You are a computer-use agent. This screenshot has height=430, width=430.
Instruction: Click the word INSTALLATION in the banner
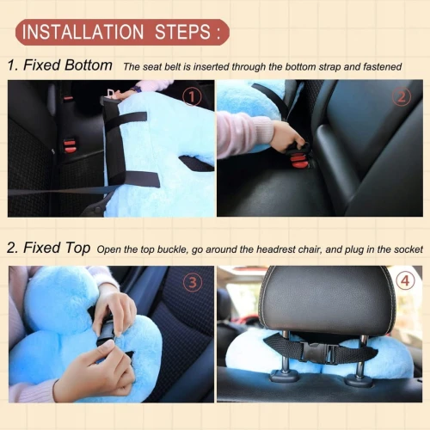tap(83, 32)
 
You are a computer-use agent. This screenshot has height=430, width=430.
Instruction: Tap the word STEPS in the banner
tap(183, 32)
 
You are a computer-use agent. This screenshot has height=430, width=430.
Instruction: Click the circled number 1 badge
tap(192, 96)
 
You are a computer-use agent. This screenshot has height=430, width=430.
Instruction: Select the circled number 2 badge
tap(402, 96)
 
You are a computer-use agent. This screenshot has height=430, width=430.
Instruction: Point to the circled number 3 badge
tap(193, 282)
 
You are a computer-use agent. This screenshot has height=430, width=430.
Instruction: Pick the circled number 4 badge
tap(405, 280)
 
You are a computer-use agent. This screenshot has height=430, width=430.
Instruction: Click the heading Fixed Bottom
tap(68, 65)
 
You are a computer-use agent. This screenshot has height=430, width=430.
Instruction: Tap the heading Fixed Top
tap(57, 248)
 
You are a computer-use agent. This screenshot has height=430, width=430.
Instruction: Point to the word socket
tap(408, 249)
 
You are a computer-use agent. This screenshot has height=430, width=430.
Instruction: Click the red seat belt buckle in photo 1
tap(70, 145)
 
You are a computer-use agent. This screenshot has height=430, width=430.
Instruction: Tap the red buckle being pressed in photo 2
tap(299, 161)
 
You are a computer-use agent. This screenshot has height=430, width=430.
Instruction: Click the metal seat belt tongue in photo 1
tap(111, 94)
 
